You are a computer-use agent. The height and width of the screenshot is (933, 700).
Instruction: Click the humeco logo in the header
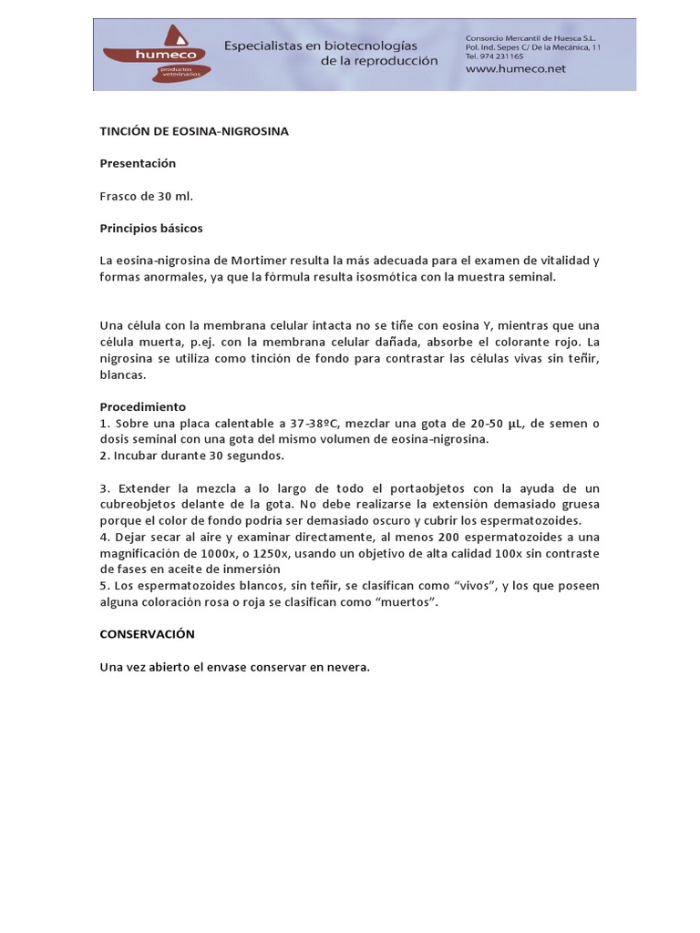pos(156,54)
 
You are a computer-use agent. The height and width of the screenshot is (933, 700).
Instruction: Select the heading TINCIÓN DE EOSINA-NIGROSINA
pos(194,131)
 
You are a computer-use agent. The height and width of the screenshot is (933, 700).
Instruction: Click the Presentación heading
pos(138,163)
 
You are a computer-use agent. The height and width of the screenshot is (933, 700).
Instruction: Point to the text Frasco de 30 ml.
pos(147,196)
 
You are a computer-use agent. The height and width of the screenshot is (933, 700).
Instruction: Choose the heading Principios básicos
pos(151,228)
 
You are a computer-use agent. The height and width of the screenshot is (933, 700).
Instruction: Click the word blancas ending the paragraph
pos(123,374)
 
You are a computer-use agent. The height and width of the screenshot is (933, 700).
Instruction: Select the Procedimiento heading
pos(143,407)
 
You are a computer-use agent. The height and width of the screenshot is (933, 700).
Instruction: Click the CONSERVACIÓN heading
pos(148,633)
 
